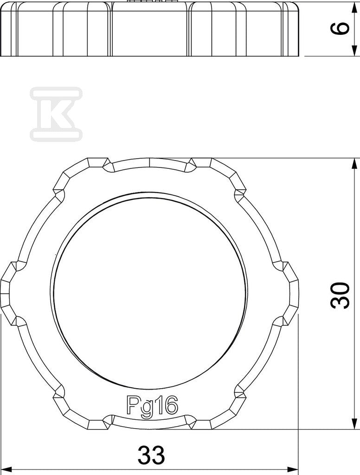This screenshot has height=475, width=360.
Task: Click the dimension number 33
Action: point(152,455)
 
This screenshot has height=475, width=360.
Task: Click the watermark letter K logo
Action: point(56,114)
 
